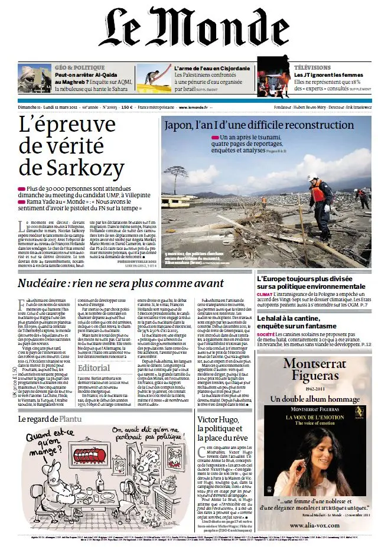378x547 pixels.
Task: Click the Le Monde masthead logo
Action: (x=189, y=30)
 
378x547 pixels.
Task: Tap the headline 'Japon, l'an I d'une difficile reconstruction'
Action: (x=259, y=125)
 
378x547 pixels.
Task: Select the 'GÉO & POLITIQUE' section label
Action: (x=79, y=68)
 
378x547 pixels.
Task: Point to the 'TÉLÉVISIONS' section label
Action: (x=312, y=68)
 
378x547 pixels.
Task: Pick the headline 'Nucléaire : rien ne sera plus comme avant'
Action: (x=120, y=283)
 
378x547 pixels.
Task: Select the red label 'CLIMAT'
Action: (x=265, y=294)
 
